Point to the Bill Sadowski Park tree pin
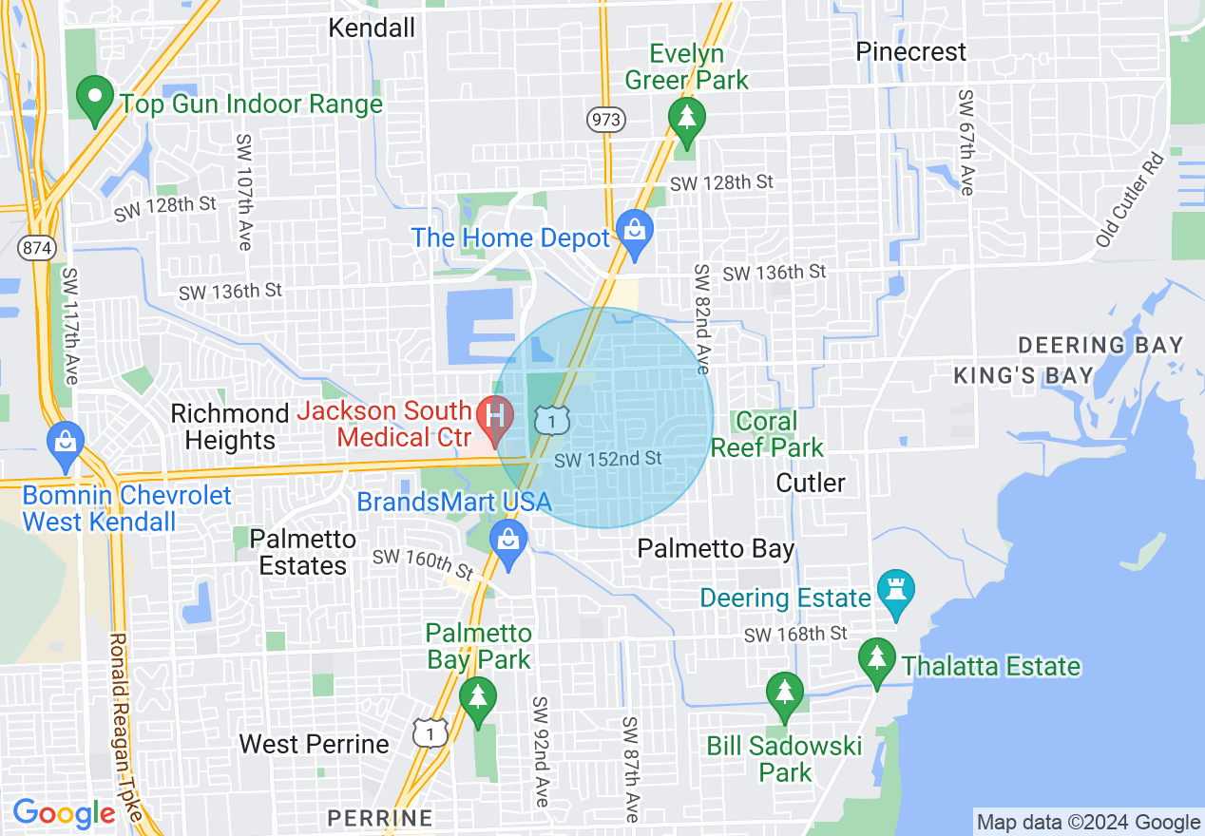point(784,694)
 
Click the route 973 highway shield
point(604,119)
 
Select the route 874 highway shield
point(35,248)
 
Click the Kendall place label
point(372,28)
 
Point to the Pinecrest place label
point(910,51)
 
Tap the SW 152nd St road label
point(608,459)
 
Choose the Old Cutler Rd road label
point(1130,201)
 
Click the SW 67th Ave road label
point(966,142)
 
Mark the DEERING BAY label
point(1100,345)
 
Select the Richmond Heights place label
point(229,427)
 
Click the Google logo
point(64,814)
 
